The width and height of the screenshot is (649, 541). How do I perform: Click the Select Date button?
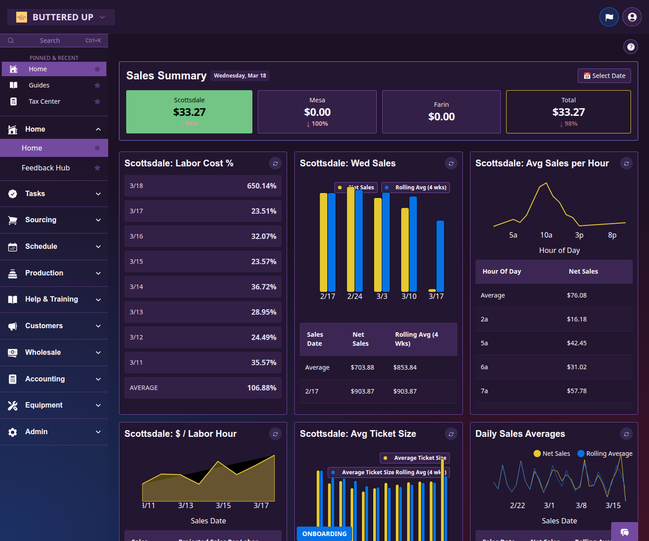[604, 76]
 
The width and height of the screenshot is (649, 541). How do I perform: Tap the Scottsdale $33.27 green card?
[189, 112]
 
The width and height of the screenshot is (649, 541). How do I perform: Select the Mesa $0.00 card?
[317, 112]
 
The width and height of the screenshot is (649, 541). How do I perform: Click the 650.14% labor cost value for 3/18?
[261, 186]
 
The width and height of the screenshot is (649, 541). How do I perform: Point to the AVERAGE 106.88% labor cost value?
[261, 388]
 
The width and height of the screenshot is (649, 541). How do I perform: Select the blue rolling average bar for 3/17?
[440, 256]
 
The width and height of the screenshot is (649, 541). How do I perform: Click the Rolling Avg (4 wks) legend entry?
[416, 188]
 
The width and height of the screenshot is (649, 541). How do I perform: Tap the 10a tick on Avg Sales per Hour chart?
[546, 235]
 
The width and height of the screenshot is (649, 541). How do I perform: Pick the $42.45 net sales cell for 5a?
[576, 343]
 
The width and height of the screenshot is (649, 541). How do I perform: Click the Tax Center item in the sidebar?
[44, 101]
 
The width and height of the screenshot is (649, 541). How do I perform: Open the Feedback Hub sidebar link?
[46, 168]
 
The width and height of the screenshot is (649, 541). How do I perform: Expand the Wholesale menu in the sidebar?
[54, 353]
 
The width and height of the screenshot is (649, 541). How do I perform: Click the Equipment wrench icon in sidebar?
[13, 405]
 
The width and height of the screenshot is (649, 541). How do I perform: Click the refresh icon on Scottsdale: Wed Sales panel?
[451, 164]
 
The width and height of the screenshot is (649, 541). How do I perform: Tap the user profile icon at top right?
[632, 17]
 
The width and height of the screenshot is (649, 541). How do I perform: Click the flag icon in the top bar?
[609, 17]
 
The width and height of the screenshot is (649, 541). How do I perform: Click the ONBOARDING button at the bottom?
[324, 534]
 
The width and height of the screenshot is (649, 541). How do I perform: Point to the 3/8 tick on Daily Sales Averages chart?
[581, 505]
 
